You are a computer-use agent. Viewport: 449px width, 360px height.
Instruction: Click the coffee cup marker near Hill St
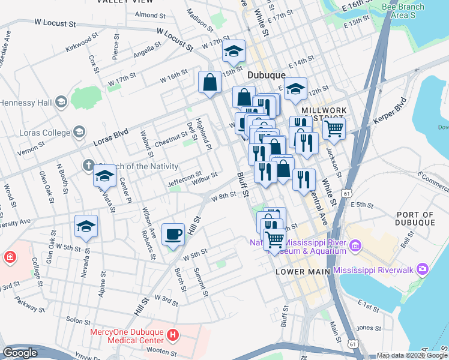tap(173, 234)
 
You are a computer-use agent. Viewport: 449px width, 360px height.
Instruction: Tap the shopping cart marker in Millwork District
tap(334, 128)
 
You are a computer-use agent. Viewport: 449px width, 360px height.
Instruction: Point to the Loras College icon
tap(79, 132)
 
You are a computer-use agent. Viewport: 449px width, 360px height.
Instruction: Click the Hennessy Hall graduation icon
tap(60, 103)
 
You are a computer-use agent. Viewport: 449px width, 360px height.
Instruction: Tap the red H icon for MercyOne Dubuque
tap(173, 334)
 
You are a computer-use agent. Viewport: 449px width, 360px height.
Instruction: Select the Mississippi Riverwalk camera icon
tap(423, 270)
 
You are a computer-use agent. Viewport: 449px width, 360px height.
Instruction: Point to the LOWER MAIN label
tap(303, 272)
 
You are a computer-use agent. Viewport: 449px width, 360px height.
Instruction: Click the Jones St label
tap(365, 328)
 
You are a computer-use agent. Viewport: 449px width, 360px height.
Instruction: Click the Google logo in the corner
tap(20, 353)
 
